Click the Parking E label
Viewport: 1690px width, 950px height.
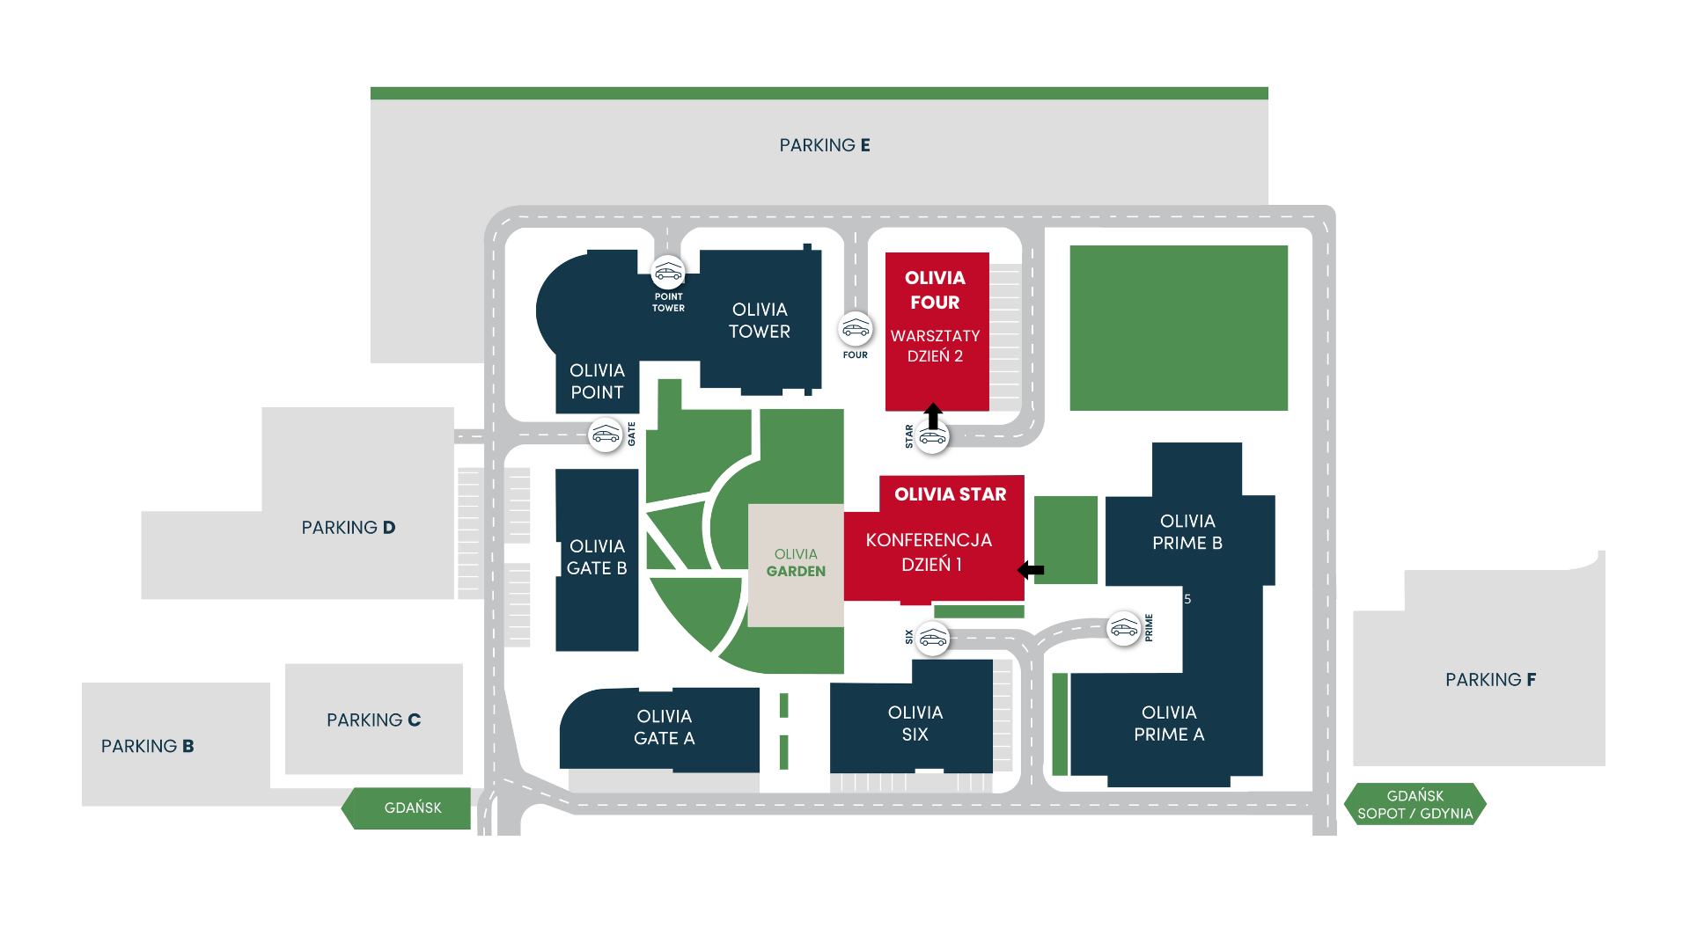click(824, 145)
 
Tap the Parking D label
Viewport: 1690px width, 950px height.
click(349, 528)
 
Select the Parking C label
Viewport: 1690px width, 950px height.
click(373, 720)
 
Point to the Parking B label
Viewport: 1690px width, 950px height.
click(147, 746)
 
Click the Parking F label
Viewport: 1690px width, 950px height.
click(1490, 680)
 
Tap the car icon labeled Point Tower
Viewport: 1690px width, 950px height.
click(668, 273)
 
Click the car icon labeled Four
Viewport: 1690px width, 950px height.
click(856, 330)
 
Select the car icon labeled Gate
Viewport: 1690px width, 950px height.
click(606, 435)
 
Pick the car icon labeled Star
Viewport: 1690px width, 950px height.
click(932, 437)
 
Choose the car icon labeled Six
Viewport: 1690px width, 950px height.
click(932, 639)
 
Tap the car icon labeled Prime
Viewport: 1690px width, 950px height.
click(1124, 629)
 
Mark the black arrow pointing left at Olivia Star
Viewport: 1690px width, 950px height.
click(1030, 570)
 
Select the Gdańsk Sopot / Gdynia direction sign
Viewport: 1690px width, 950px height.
click(1414, 804)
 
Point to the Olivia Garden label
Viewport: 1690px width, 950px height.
click(796, 563)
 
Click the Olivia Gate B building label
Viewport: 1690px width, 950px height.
click(597, 558)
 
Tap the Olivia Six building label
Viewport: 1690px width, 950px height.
click(915, 723)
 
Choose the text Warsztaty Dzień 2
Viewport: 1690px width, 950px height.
click(935, 346)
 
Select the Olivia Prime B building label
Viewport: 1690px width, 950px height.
click(1187, 532)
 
